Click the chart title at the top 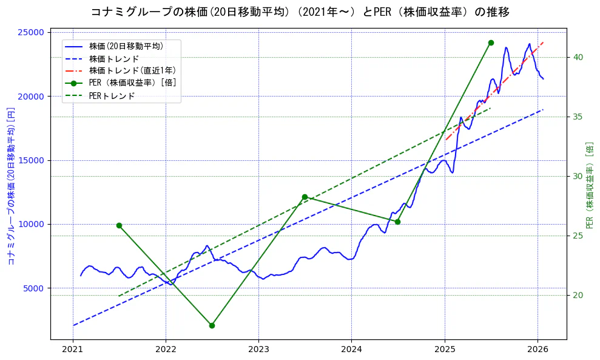(300, 12)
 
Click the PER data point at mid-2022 (212, 325)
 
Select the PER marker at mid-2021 (119, 225)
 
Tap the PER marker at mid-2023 (305, 197)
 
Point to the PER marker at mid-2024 (397, 222)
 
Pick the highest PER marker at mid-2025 (491, 42)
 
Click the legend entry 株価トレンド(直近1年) (126, 70)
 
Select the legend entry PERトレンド (112, 96)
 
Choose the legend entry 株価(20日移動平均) (126, 46)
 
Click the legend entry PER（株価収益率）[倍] (132, 83)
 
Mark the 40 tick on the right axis (578, 57)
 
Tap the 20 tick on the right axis (578, 295)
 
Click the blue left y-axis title (11, 185)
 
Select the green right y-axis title (589, 185)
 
